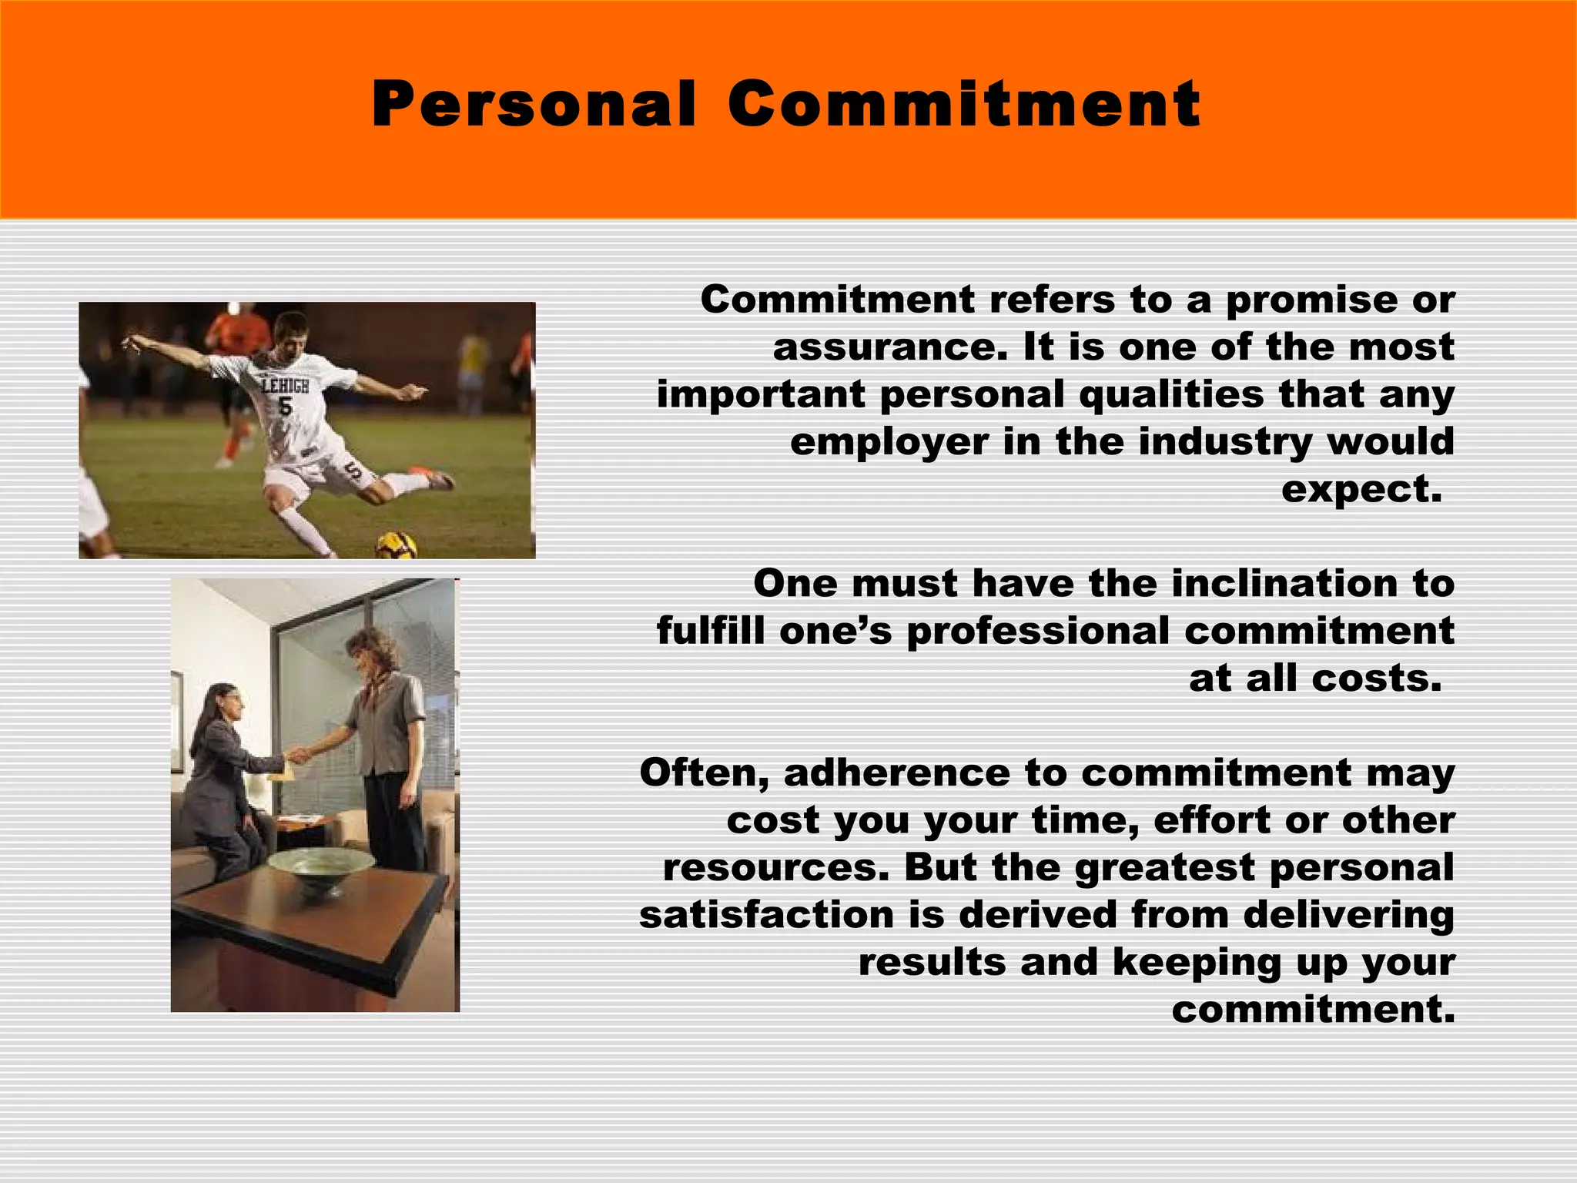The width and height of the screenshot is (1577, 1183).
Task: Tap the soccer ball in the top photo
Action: tap(396, 545)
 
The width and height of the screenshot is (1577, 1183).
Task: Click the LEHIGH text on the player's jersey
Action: tap(285, 385)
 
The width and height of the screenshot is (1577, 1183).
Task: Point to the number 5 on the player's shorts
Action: tap(353, 471)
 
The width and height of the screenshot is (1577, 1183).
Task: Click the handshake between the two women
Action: tap(297, 754)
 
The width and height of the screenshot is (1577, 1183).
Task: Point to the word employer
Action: tap(889, 443)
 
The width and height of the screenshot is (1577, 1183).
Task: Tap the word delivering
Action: tap(1348, 915)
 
